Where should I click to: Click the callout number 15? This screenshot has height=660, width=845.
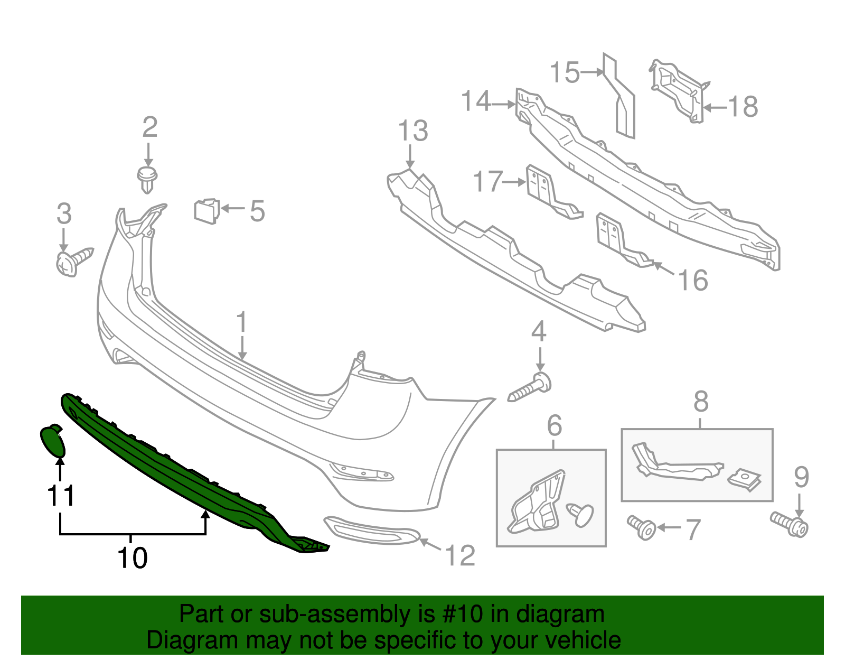point(565,72)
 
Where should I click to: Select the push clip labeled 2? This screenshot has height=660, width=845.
point(147,178)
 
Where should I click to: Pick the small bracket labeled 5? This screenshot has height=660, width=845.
point(206,210)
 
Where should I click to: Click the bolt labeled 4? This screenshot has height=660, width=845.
point(530,388)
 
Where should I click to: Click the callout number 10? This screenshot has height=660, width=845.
point(132,558)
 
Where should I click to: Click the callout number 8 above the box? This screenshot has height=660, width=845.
point(700,402)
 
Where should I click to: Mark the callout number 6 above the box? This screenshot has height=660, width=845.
point(554,426)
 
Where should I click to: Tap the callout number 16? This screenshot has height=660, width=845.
point(693,280)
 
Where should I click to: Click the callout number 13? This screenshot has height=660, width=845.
point(412,131)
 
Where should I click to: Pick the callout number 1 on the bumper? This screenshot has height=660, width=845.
point(241,322)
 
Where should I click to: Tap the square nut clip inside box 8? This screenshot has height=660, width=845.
point(745,479)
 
